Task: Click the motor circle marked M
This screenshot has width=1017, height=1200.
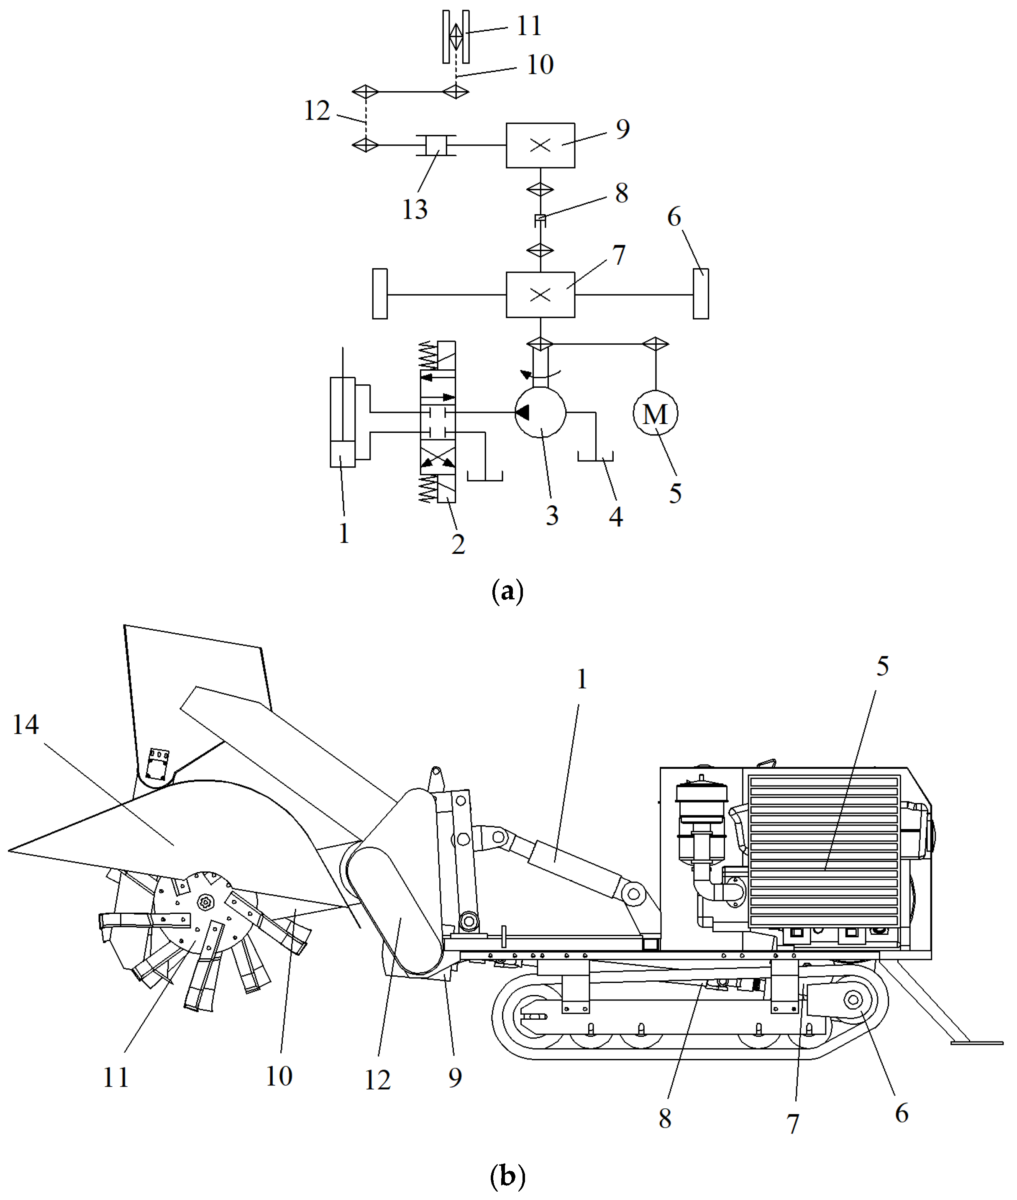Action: [x=655, y=413]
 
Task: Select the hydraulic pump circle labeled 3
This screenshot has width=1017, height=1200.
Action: [x=540, y=412]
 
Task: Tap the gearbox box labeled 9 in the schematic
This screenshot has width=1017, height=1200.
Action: [x=540, y=145]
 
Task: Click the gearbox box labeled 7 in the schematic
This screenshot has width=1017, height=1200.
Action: [x=540, y=294]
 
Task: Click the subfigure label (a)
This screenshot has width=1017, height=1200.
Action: [x=507, y=592]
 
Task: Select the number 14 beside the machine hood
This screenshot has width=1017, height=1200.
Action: [x=26, y=724]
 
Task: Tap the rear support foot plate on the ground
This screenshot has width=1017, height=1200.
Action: [x=976, y=1042]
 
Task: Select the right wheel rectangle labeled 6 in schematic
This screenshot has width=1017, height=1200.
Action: [x=700, y=294]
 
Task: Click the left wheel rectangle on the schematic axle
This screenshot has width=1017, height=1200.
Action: [x=380, y=294]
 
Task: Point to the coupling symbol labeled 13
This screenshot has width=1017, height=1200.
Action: [x=436, y=145]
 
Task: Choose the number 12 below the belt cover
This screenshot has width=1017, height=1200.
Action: [x=378, y=1080]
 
